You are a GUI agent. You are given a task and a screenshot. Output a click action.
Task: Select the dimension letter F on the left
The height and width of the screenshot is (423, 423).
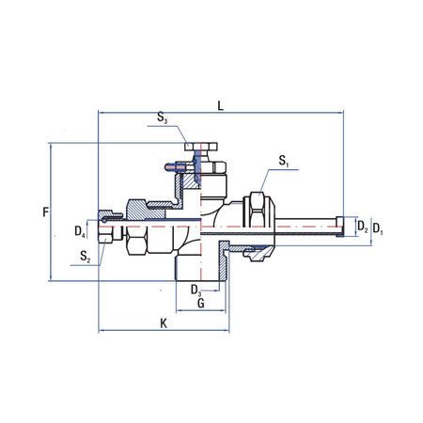pos(44,212)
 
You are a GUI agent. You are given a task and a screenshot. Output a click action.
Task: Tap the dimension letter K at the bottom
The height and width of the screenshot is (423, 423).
pos(163,322)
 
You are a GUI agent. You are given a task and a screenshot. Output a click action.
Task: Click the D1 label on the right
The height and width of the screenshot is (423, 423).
pos(377,227)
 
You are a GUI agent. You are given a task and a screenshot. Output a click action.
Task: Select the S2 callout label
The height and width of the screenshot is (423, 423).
pos(86,255)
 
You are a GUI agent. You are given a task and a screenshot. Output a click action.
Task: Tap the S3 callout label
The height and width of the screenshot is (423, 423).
pos(163,120)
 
